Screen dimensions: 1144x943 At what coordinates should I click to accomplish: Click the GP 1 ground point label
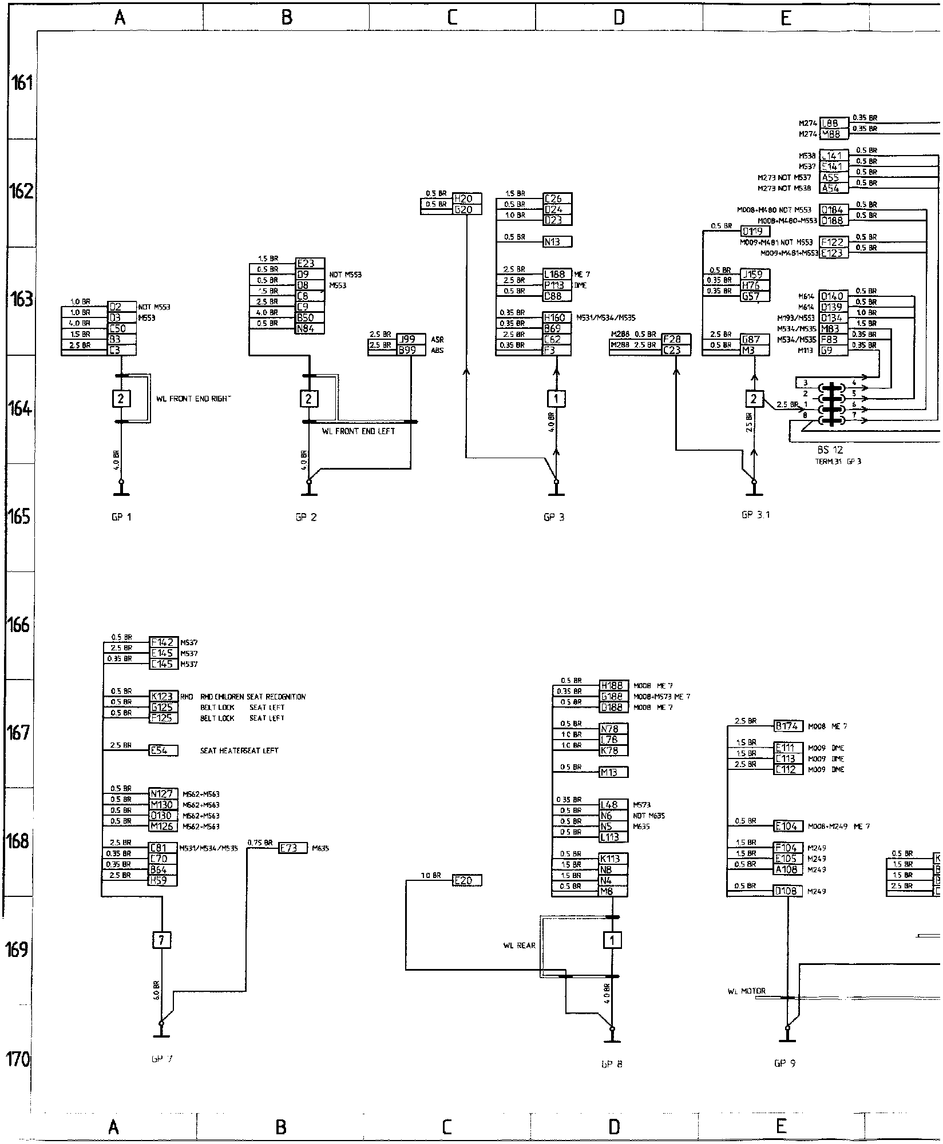pyautogui.click(x=121, y=517)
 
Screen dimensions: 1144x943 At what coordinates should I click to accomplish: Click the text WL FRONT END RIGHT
pyautogui.click(x=193, y=399)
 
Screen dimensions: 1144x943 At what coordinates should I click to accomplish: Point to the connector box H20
pyautogui.click(x=466, y=198)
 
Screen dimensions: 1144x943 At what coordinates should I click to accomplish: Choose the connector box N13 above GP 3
pyautogui.click(x=557, y=242)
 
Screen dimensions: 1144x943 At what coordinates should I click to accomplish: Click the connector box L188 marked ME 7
pyautogui.click(x=557, y=275)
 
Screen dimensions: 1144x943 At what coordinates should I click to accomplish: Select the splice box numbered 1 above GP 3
pyautogui.click(x=556, y=398)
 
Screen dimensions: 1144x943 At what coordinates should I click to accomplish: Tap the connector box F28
pyautogui.click(x=675, y=339)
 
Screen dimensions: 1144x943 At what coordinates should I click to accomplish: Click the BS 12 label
pyautogui.click(x=830, y=450)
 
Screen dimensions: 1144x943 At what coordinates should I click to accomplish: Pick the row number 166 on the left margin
pyautogui.click(x=18, y=625)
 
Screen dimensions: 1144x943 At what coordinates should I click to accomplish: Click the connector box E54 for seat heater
pyautogui.click(x=163, y=750)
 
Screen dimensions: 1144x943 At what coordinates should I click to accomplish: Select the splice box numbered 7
pyautogui.click(x=161, y=940)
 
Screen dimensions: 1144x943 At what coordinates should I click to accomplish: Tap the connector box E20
pyautogui.click(x=466, y=881)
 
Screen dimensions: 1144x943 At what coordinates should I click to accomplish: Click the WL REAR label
pyautogui.click(x=519, y=946)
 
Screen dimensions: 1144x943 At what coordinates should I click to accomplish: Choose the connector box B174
pyautogui.click(x=789, y=726)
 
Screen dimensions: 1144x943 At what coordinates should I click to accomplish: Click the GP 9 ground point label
pyautogui.click(x=784, y=1063)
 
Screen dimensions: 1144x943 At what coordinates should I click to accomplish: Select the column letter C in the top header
pyautogui.click(x=452, y=18)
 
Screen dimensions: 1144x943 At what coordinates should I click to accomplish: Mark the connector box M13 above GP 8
pyautogui.click(x=613, y=772)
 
